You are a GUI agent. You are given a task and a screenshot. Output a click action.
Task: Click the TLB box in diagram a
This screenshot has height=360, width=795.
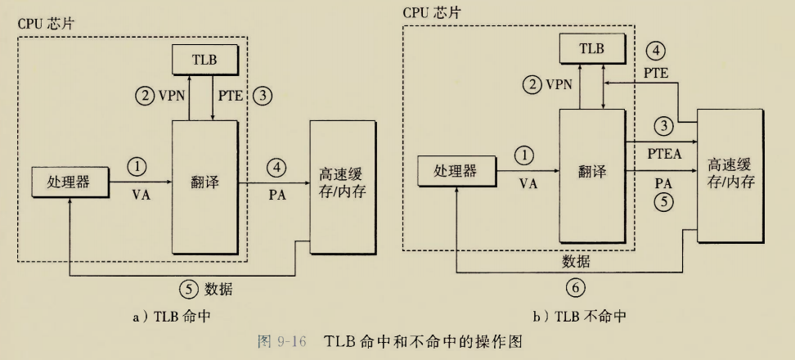click(x=204, y=60)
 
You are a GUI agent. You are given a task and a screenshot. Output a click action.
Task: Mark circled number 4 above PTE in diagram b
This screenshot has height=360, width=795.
click(x=655, y=51)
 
